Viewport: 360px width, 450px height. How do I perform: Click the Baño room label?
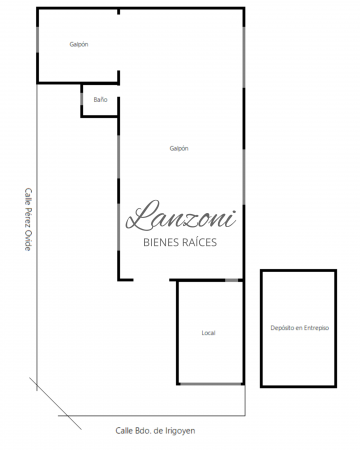pyautogui.click(x=100, y=100)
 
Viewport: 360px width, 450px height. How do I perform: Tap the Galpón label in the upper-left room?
pyautogui.click(x=79, y=44)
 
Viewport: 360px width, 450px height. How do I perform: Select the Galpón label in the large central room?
pyautogui.click(x=179, y=148)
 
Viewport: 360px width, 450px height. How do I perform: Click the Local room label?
pyautogui.click(x=208, y=333)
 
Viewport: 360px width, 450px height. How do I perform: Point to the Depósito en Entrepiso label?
pyautogui.click(x=300, y=328)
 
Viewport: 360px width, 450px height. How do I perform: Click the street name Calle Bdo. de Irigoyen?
pyautogui.click(x=155, y=431)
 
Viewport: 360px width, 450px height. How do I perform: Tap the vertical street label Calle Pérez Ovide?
pyautogui.click(x=28, y=219)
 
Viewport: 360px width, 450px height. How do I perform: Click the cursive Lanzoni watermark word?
pyautogui.click(x=181, y=216)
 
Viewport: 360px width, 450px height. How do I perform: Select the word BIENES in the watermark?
pyautogui.click(x=160, y=242)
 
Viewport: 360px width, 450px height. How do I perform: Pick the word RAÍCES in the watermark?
pyautogui.click(x=199, y=242)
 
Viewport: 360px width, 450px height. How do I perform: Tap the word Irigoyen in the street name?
pyautogui.click(x=180, y=431)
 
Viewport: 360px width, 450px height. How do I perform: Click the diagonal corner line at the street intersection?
pyautogui.click(x=55, y=403)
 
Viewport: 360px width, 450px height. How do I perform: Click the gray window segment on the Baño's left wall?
pyautogui.click(x=81, y=99)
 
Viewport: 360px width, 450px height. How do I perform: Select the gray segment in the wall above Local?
pyautogui.click(x=232, y=280)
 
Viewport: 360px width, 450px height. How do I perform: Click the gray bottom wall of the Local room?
pyautogui.click(x=211, y=384)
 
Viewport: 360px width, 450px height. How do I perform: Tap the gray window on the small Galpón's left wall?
pyautogui.click(x=37, y=40)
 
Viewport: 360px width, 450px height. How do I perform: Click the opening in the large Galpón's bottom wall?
pyautogui.click(x=151, y=280)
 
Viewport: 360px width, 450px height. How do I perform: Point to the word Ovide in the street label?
pyautogui.click(x=28, y=240)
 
